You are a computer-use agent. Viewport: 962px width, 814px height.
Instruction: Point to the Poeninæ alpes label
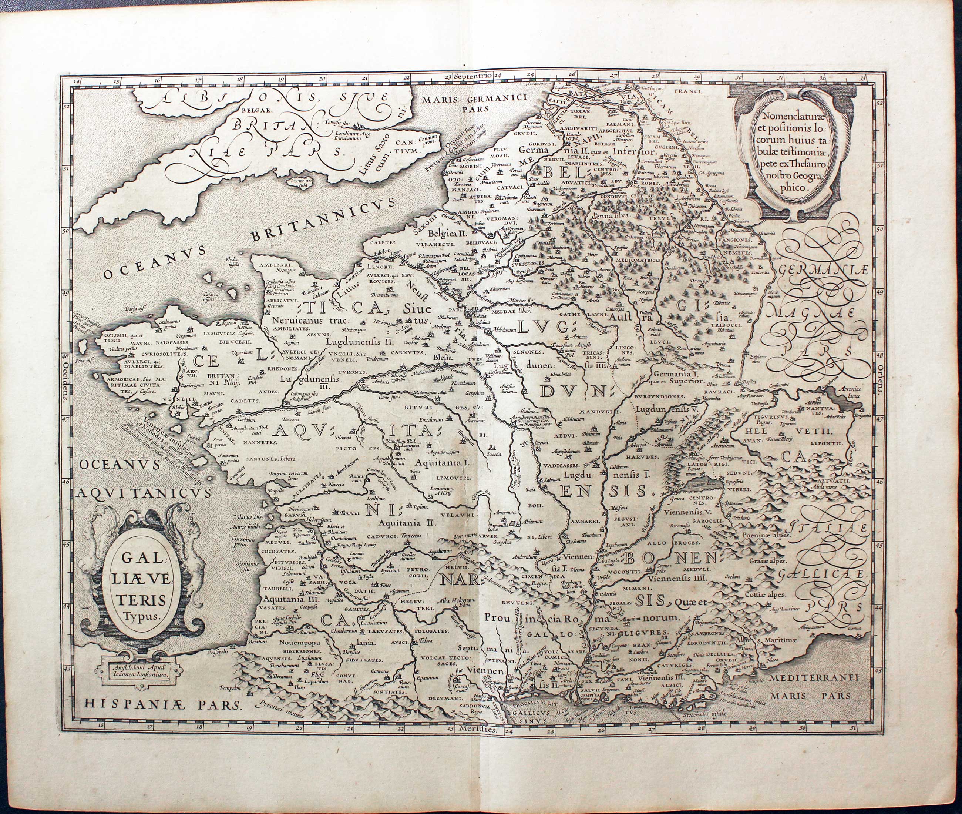766,537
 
